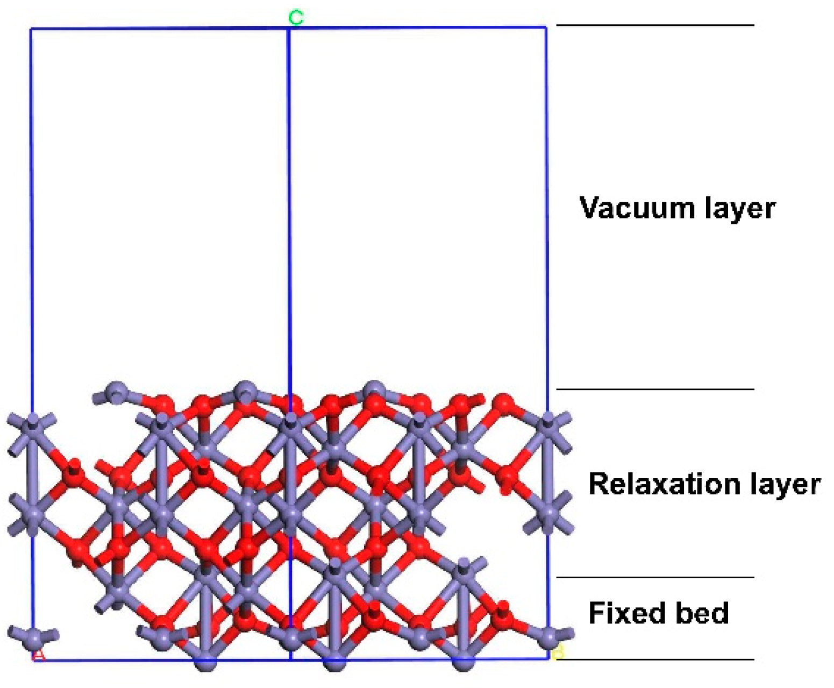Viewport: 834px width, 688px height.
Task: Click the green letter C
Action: [296, 18]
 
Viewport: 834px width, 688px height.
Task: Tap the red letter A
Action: [39, 655]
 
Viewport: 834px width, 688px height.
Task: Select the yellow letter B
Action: [558, 652]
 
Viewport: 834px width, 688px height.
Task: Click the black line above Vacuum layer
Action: [655, 25]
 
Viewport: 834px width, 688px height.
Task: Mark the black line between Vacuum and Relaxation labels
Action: [655, 388]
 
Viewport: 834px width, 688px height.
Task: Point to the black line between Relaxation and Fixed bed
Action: [655, 577]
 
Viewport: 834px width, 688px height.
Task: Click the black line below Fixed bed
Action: [655, 659]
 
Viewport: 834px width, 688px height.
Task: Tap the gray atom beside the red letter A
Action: [33, 638]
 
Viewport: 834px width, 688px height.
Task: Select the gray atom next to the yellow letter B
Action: [548, 637]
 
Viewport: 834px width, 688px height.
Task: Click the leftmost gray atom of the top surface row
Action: [116, 391]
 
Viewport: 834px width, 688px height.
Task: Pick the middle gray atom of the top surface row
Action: [245, 389]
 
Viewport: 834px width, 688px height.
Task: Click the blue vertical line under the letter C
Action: [289, 215]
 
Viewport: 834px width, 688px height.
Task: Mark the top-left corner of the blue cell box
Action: [31, 29]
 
